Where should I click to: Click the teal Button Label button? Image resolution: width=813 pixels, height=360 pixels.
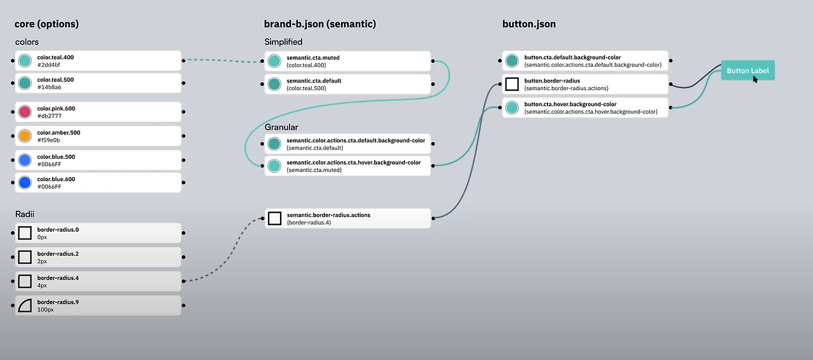748,71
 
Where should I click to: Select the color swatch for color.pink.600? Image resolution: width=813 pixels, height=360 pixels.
25,112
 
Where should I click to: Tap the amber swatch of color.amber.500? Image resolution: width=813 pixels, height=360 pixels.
25,136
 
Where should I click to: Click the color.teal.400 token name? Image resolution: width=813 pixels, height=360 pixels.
55,57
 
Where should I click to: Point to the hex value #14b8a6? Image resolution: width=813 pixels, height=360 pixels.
49,87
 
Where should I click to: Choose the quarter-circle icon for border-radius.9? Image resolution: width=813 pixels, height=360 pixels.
25,305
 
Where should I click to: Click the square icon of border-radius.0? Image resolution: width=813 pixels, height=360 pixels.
25,233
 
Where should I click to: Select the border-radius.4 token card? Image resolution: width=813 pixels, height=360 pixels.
98,281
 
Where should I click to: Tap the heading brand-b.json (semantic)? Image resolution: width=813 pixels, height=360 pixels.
320,24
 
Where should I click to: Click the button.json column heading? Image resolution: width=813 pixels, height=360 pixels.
528,24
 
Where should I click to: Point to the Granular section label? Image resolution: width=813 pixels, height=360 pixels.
281,128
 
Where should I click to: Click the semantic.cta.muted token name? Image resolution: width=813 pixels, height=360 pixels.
312,57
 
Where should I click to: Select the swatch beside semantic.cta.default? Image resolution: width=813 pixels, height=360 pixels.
274,84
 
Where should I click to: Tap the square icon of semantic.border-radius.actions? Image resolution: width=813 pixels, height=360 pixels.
274,218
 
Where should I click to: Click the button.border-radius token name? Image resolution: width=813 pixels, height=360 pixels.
552,81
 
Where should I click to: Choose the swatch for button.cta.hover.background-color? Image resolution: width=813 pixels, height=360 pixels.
512,108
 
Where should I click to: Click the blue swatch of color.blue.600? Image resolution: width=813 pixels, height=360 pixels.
25,183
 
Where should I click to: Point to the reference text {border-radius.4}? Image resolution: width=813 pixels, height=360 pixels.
309,222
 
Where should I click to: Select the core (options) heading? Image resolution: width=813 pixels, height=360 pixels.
46,24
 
